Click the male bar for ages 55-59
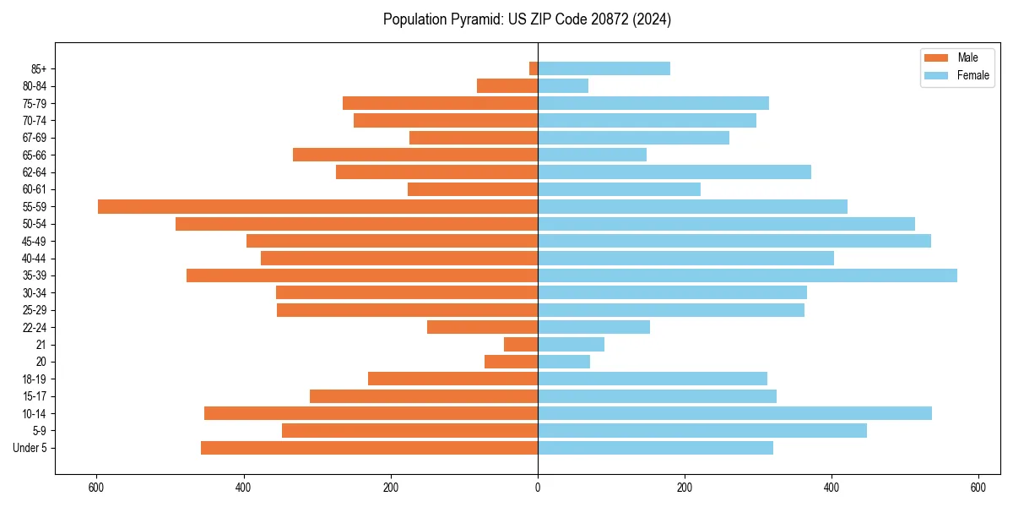point(317,206)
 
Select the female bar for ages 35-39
point(747,275)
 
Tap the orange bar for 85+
point(534,68)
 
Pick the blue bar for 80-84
point(563,86)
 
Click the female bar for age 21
point(571,344)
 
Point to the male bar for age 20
point(511,362)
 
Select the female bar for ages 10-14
point(734,413)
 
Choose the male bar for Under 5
point(369,448)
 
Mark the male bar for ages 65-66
point(415,155)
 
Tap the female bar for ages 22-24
point(593,327)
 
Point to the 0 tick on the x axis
point(538,488)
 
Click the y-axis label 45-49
point(35,241)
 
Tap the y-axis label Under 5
point(30,448)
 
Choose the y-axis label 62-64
point(35,172)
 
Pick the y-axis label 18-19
point(35,379)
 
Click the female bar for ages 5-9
point(702,430)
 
